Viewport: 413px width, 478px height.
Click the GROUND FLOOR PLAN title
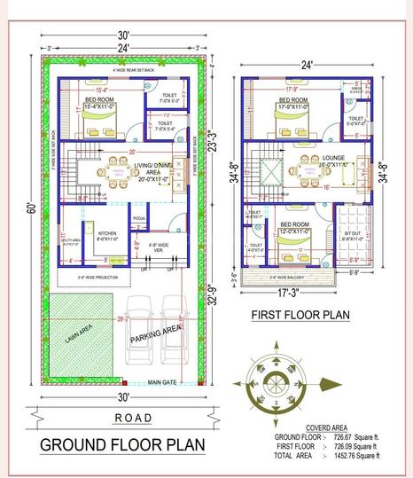(121, 443)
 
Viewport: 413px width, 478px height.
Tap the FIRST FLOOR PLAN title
(300, 315)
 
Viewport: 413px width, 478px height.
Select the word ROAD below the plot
(133, 418)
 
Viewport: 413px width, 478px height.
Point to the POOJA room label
(138, 216)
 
